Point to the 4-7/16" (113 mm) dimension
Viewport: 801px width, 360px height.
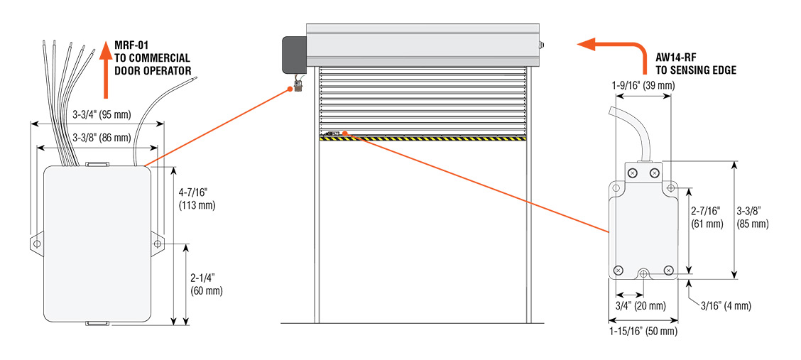197,197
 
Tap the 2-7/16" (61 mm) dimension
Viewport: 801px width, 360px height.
707,217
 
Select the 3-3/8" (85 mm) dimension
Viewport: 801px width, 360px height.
753,217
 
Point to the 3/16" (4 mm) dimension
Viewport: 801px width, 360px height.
726,306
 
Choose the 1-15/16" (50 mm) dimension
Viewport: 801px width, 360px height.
643,331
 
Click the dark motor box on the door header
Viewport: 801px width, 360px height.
294,53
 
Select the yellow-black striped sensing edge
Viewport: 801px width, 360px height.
423,138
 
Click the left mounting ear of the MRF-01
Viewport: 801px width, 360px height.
36,243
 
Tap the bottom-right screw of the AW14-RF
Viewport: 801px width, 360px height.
668,271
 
